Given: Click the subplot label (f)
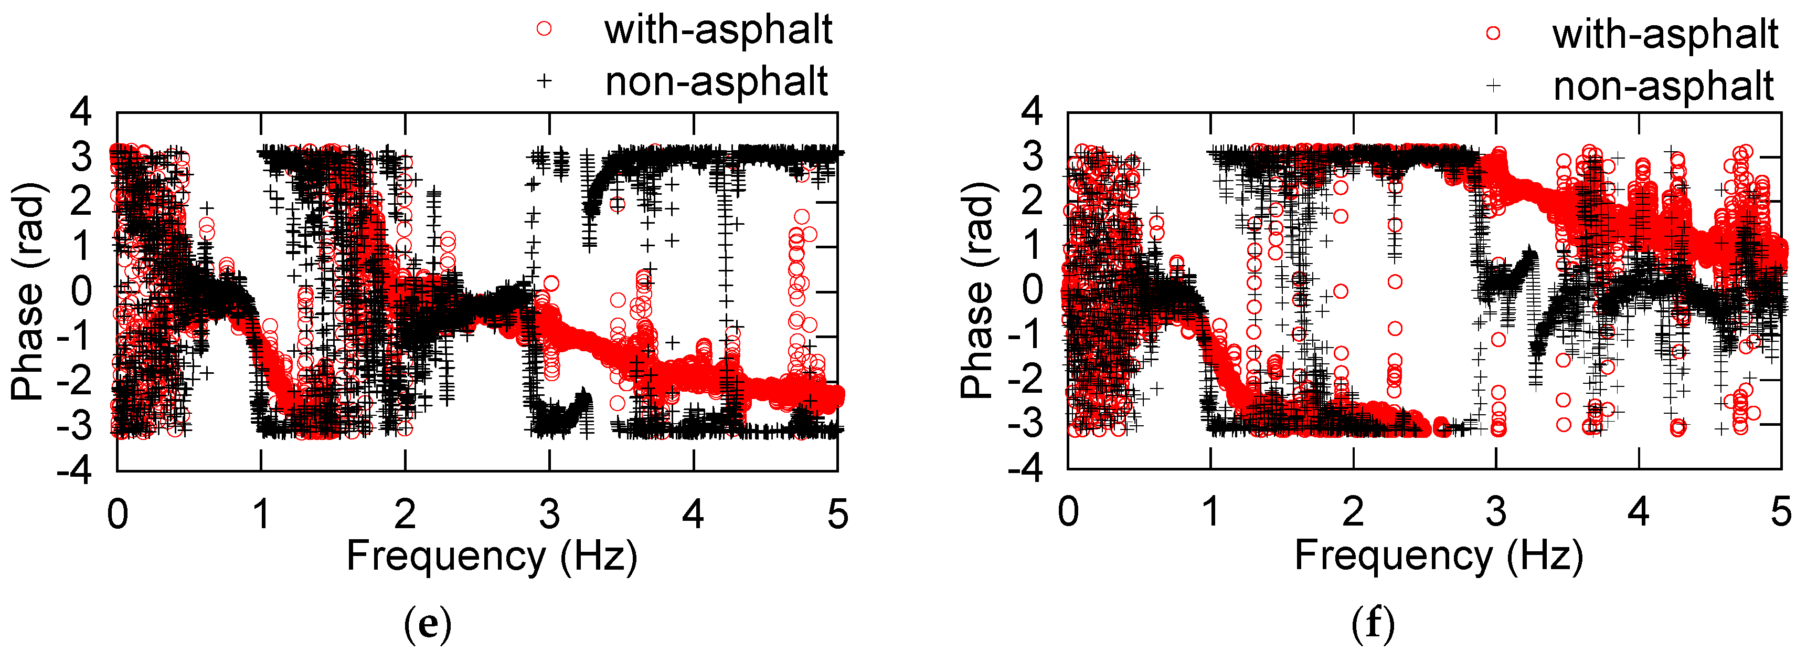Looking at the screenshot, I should (x=1373, y=624).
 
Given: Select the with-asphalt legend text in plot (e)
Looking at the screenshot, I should (x=718, y=29).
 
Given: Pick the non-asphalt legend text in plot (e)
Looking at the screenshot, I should (x=716, y=81).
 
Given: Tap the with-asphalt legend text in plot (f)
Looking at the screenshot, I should (x=1665, y=34).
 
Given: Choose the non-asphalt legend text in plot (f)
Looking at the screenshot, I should (x=1663, y=86).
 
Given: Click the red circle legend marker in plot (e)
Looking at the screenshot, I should (x=544, y=29).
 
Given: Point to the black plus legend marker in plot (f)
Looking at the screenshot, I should (x=1493, y=86).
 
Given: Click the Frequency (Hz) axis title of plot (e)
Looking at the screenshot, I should (x=492, y=557).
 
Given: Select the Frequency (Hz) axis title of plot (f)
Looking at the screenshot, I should (x=1439, y=557).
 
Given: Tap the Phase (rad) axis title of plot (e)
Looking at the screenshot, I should (x=28, y=291).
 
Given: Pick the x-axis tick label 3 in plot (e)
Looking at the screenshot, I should (x=549, y=515).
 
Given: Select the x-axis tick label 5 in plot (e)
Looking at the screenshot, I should (x=837, y=515).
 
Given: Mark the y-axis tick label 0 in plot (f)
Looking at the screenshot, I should (x=1033, y=291).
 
